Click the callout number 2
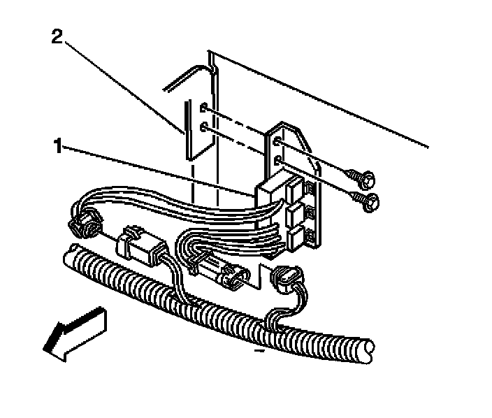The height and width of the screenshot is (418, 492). [58, 36]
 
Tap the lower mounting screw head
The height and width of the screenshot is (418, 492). [370, 202]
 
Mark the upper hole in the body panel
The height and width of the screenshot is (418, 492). [202, 109]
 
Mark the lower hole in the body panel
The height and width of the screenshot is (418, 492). [202, 127]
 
